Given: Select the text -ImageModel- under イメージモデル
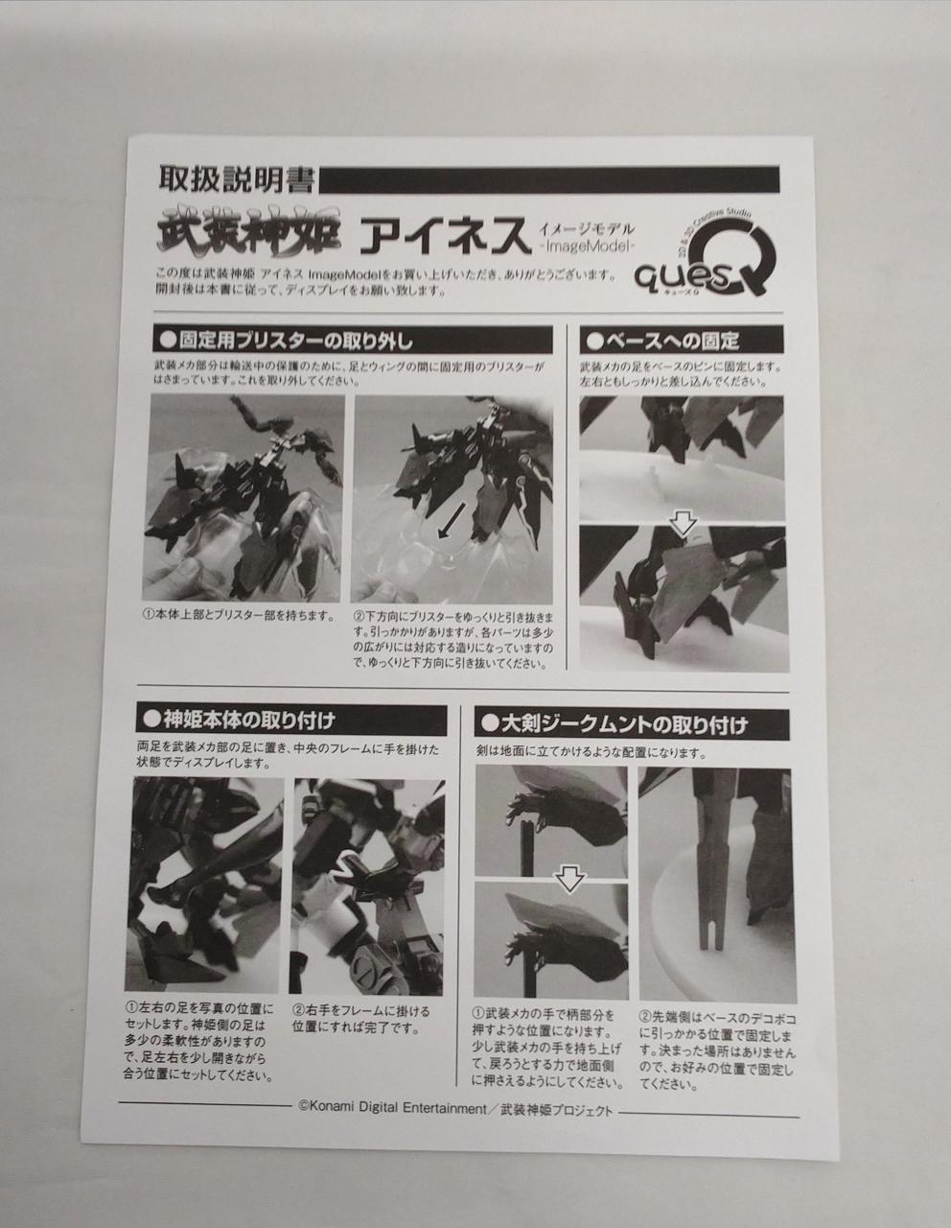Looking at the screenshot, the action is click(584, 247).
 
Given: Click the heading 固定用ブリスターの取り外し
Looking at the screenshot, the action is click(353, 342).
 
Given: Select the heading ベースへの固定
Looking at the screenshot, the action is click(681, 341).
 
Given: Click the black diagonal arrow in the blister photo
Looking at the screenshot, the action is click(454, 521).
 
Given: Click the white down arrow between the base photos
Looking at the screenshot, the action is click(684, 525).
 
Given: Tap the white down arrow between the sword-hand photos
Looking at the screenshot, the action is click(569, 879).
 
